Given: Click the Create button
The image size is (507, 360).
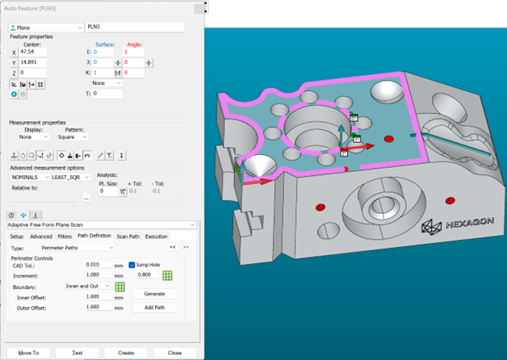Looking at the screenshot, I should coord(125,353).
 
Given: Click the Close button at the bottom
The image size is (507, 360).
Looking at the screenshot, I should coord(174,353).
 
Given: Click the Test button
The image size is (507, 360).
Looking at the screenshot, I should coord(77,353).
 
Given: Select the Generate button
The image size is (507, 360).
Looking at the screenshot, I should coord(153,294).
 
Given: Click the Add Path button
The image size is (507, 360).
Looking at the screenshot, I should coord(153,308).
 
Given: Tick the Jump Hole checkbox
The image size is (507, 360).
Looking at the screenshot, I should coord(132,264).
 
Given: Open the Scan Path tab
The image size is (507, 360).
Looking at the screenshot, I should coord(128,236).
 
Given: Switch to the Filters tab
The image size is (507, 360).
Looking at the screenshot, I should coord(65,236).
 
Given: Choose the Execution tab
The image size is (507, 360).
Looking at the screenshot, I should coord(156,236).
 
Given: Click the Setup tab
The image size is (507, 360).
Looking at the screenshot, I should coord(17,236).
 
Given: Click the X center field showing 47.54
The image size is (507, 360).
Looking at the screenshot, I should coord(37,52).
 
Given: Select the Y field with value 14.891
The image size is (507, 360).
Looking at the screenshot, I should coord(37,62).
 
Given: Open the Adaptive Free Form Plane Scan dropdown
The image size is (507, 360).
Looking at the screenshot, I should coord(102,224).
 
